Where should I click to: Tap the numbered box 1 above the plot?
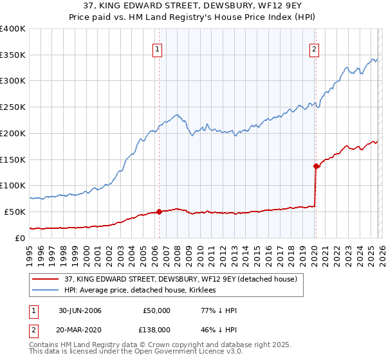[x=158, y=48]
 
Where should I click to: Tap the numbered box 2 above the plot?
[x=314, y=48]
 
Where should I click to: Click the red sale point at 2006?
[x=160, y=212]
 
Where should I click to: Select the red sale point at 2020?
[x=316, y=166]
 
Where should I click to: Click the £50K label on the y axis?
[x=15, y=212]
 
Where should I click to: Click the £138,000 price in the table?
[x=155, y=329]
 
